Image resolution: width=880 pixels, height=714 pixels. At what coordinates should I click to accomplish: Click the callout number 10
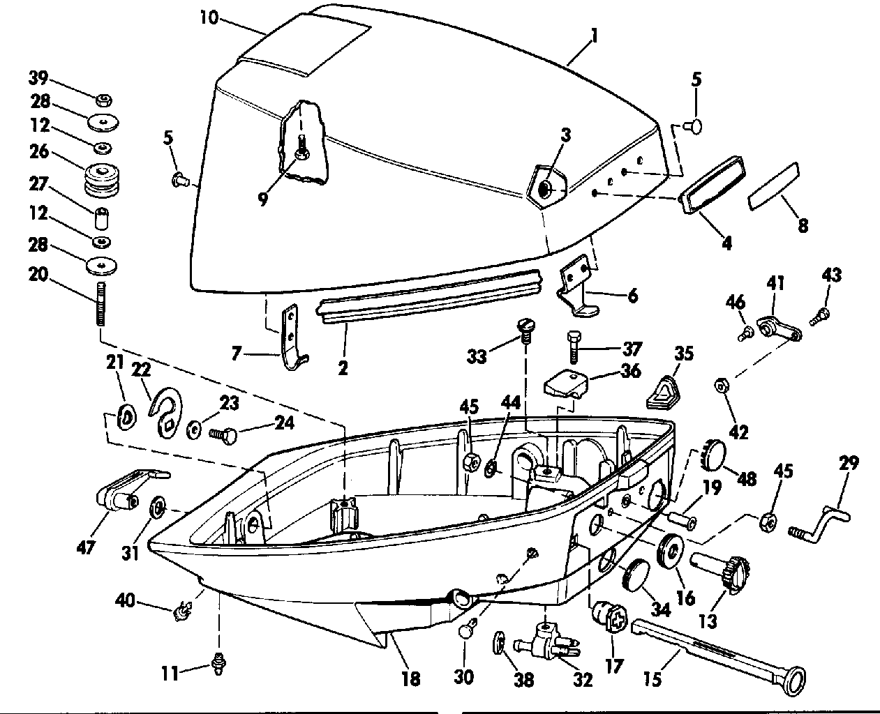coord(209,17)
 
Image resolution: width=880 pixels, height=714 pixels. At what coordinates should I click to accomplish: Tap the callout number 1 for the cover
coord(594,36)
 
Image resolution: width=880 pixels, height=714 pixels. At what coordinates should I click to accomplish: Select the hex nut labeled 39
coord(104,100)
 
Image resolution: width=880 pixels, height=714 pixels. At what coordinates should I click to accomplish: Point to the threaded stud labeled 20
coord(101,304)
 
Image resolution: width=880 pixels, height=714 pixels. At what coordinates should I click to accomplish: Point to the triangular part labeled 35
coord(662,392)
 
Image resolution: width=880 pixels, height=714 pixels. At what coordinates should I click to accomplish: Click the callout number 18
coord(411,678)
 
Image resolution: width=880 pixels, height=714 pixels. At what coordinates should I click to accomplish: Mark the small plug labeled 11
coord(218,664)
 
